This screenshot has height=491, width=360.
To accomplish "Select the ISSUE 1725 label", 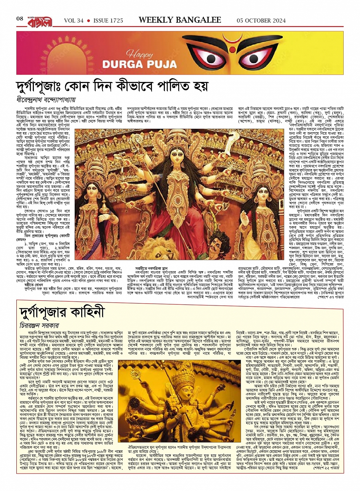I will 108,20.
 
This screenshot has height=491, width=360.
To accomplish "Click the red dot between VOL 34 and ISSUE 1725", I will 88,20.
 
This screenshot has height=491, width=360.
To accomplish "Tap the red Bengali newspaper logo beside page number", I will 39,19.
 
